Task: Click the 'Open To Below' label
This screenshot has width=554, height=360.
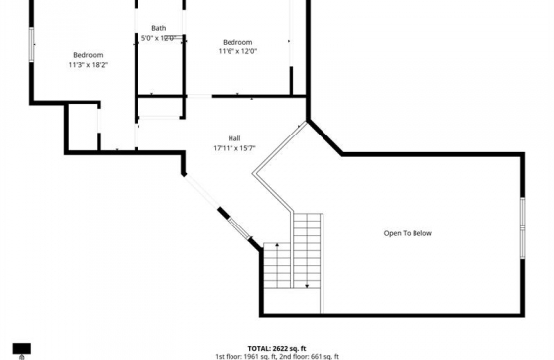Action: coord(408,233)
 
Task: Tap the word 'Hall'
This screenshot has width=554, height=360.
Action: coord(234,138)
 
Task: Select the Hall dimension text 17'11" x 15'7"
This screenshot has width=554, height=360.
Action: coord(234,148)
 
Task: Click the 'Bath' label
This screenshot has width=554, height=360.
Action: coord(158,28)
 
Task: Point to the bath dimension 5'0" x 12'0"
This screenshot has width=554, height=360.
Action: coord(158,38)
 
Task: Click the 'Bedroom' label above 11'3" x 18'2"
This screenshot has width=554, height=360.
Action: coord(88,54)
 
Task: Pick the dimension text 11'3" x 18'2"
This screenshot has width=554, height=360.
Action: coord(88,65)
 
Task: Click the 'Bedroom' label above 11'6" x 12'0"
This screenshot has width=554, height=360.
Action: coord(237,42)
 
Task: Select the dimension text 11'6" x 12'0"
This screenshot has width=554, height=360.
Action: coord(237,51)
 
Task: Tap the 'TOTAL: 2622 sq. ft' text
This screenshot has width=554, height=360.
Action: coord(276,348)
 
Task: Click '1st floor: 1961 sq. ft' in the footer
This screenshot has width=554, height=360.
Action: coord(247,356)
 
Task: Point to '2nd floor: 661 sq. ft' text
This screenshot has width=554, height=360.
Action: coord(311,356)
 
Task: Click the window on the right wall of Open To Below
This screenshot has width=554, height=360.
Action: coord(522,228)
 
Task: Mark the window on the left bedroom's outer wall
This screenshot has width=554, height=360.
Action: coord(32,50)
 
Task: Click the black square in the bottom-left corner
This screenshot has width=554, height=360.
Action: coord(21,349)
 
